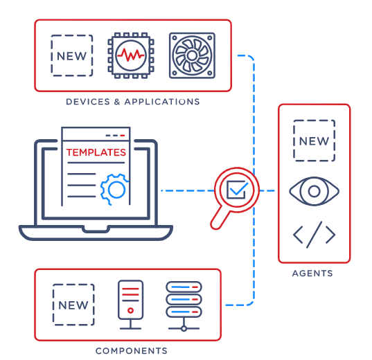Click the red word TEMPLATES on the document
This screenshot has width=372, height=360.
tap(96, 152)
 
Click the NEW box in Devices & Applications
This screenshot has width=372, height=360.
tap(72, 55)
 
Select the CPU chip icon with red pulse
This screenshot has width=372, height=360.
tap(131, 55)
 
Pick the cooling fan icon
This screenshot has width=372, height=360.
tap(192, 55)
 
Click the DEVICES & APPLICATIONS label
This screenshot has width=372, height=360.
tap(133, 102)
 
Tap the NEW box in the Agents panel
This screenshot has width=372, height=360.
tap(314, 141)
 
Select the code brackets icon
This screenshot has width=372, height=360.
tap(314, 235)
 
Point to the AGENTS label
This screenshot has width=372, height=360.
tap(312, 273)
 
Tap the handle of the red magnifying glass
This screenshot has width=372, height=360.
tap(220, 218)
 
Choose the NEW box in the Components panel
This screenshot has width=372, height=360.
tap(73, 305)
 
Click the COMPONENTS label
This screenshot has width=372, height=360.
tap(132, 351)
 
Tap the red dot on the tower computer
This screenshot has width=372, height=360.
tap(130, 310)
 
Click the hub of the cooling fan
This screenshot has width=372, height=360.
tap(192, 55)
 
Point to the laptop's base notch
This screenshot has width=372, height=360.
tap(96, 230)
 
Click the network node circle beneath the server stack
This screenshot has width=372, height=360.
tap(184, 328)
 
